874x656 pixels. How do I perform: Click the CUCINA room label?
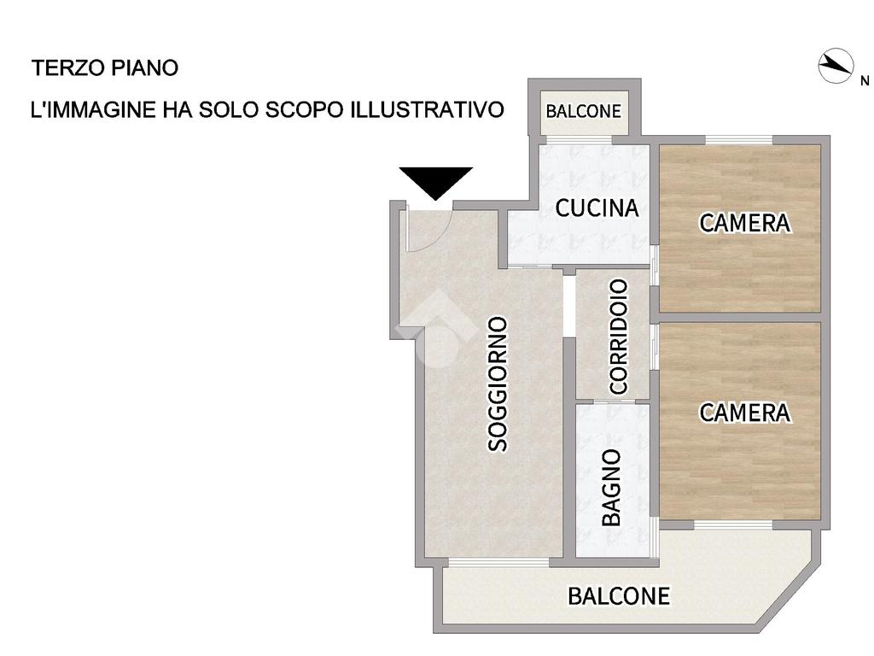597,208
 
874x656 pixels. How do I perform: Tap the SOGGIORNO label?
498,384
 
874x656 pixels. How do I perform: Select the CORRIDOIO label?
619,337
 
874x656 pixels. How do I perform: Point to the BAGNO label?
612,488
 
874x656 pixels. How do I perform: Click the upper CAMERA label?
744,223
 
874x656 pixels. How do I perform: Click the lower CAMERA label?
744,413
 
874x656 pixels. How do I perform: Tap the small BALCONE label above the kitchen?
584,111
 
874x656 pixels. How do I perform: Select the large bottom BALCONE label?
619,595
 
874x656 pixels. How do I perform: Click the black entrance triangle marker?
436,179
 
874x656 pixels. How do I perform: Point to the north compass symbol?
836,66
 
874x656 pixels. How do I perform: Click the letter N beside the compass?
865,81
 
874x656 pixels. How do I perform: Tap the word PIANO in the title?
145,68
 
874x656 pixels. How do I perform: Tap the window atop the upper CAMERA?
739,139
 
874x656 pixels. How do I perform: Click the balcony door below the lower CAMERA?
733,525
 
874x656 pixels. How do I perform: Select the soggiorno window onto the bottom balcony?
498,562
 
